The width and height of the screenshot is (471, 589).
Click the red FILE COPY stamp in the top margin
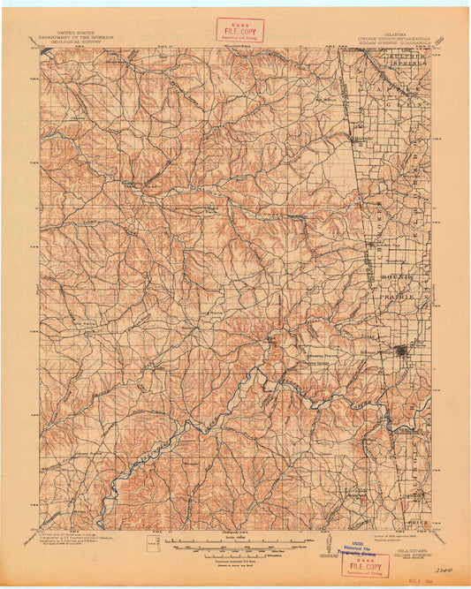[239, 32]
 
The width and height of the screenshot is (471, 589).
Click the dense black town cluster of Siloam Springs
[402, 351]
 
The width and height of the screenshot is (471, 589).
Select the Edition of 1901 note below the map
[402, 533]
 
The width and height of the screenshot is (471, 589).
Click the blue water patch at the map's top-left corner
[46, 54]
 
